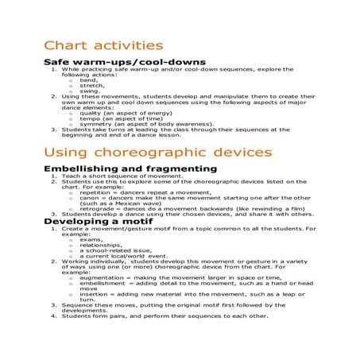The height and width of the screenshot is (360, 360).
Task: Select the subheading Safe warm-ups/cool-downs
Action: pos(125,62)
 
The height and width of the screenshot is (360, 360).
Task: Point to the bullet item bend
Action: pos(88,80)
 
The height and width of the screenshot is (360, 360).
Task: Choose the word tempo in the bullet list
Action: pos(90,119)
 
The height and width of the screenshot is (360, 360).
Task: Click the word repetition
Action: pos(95,192)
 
